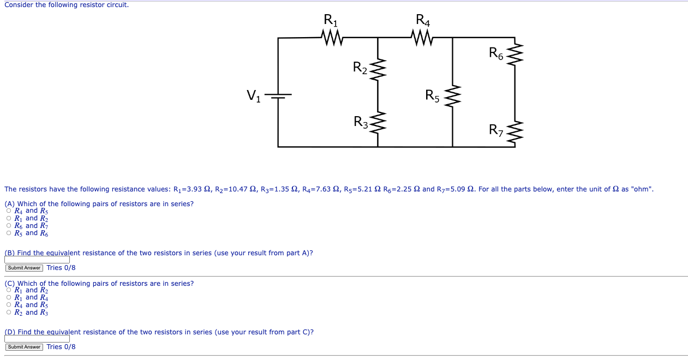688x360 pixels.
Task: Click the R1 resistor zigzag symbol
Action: point(332,38)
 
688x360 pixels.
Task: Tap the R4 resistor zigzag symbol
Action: point(423,38)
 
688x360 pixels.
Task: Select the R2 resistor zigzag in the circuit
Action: point(378,69)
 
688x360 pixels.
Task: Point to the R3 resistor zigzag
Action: point(378,124)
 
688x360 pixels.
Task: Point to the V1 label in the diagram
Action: point(253,96)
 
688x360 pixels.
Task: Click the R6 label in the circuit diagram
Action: point(496,53)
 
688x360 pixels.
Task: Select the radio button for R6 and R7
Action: point(9,226)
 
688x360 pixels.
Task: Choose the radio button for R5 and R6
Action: point(9,233)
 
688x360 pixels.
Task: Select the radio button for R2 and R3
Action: point(9,313)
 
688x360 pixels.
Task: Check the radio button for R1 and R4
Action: point(9,298)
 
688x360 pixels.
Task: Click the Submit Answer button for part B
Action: point(24,268)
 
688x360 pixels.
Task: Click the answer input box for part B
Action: point(37,260)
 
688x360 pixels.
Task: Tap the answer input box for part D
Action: point(37,339)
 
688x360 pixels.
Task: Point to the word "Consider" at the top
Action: point(19,5)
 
